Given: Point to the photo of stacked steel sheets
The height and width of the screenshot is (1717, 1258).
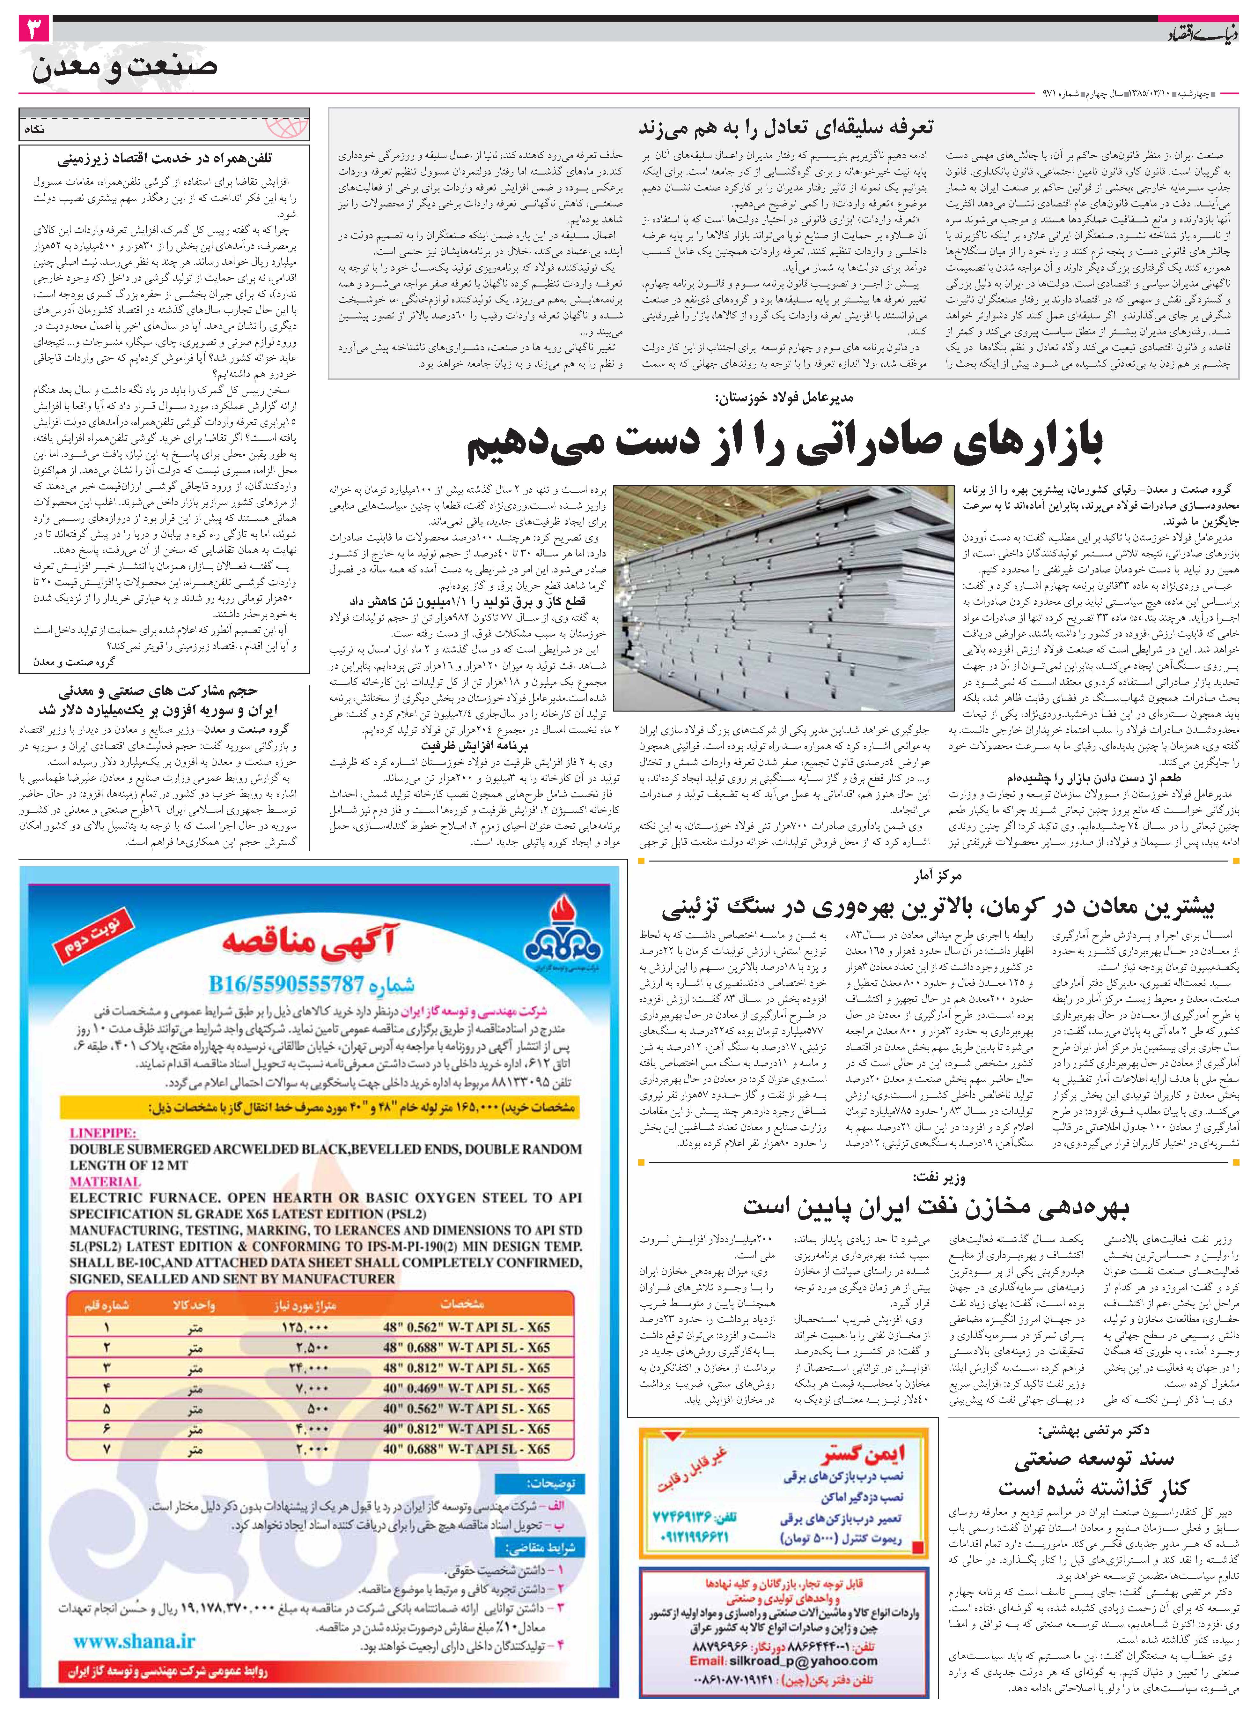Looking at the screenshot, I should click(783, 598).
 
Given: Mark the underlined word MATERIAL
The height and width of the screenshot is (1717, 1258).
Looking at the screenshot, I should click(105, 1182).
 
